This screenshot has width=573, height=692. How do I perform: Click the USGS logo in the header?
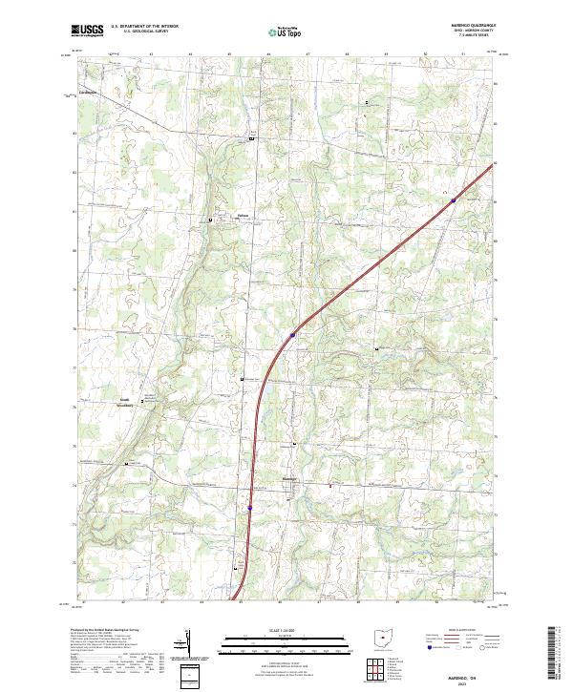point(88,30)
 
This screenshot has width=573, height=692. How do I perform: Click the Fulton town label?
point(243,216)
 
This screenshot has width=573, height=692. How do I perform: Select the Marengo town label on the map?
point(291,477)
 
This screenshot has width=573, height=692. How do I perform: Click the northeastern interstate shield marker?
point(453,199)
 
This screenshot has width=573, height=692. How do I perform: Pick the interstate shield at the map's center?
point(292,335)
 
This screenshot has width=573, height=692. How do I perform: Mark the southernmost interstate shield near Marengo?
point(250,508)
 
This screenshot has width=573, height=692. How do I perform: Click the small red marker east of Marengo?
point(330,486)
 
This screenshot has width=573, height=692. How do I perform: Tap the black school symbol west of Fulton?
point(211,220)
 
